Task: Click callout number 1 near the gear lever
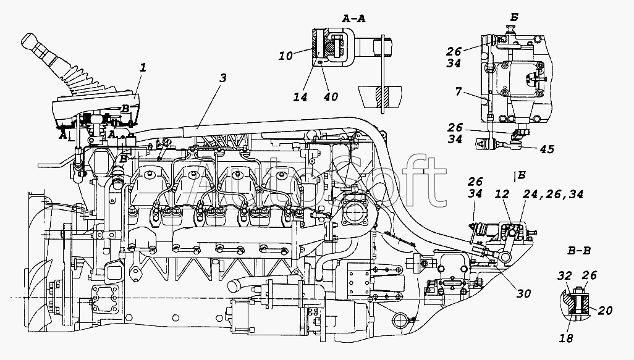(x=142, y=68)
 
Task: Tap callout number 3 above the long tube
(x=223, y=78)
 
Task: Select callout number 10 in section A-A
(x=285, y=56)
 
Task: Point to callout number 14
(x=300, y=97)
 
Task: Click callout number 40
(x=331, y=97)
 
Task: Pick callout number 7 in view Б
(x=458, y=92)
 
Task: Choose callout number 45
(x=547, y=149)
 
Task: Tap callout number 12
(x=502, y=195)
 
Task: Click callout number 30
(x=523, y=293)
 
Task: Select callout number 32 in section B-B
(x=564, y=276)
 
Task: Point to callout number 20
(x=605, y=311)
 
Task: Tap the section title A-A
(x=353, y=19)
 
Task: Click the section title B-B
(x=578, y=251)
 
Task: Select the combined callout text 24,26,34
(x=553, y=195)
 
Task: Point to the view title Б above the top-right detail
(x=514, y=17)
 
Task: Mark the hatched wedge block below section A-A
(x=381, y=96)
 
